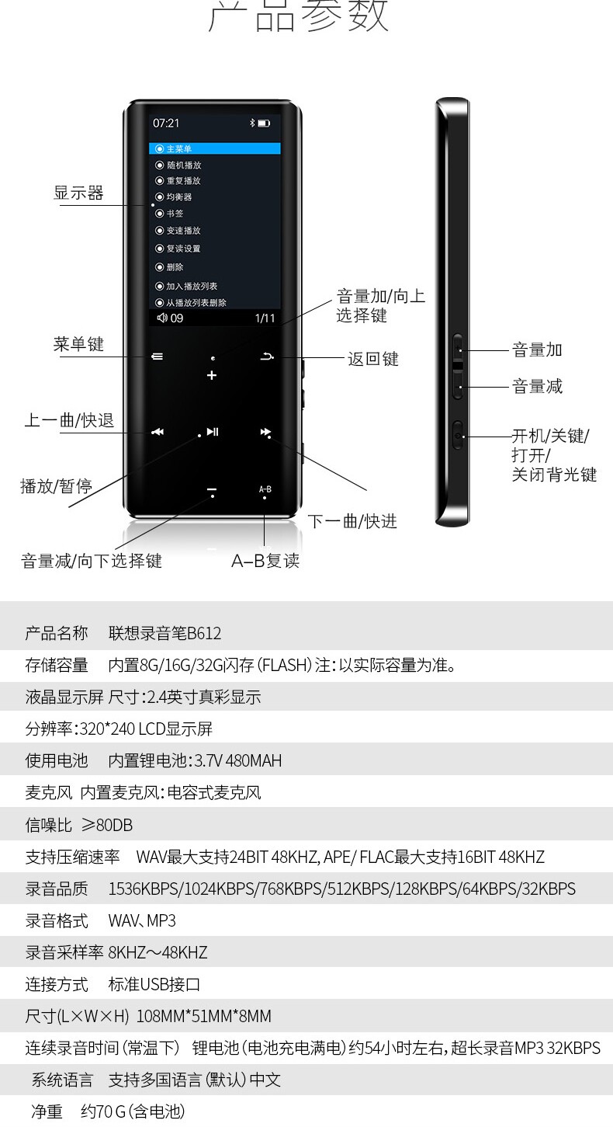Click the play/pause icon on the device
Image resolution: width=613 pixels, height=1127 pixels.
click(212, 432)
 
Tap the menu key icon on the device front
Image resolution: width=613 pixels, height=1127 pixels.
click(158, 357)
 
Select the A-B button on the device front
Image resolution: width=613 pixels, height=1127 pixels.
click(265, 489)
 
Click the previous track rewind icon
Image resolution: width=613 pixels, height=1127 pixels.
click(158, 432)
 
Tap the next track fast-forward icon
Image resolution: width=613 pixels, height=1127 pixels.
click(265, 432)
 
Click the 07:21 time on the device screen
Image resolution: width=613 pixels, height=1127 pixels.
click(166, 123)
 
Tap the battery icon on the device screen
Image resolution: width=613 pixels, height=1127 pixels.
click(264, 123)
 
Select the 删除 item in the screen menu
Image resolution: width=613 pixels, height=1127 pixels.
click(175, 266)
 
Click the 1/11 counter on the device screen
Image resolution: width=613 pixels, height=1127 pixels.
click(265, 318)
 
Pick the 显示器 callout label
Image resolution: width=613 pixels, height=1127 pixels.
click(78, 193)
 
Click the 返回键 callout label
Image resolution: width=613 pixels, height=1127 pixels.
click(373, 359)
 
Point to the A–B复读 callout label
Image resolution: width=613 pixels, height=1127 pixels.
click(265, 561)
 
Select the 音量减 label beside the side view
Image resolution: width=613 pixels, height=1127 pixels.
click(537, 386)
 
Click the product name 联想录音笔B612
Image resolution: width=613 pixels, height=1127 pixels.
click(165, 633)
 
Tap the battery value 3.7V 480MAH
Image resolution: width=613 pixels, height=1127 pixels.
click(233, 760)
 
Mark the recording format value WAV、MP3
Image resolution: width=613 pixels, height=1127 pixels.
click(142, 920)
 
